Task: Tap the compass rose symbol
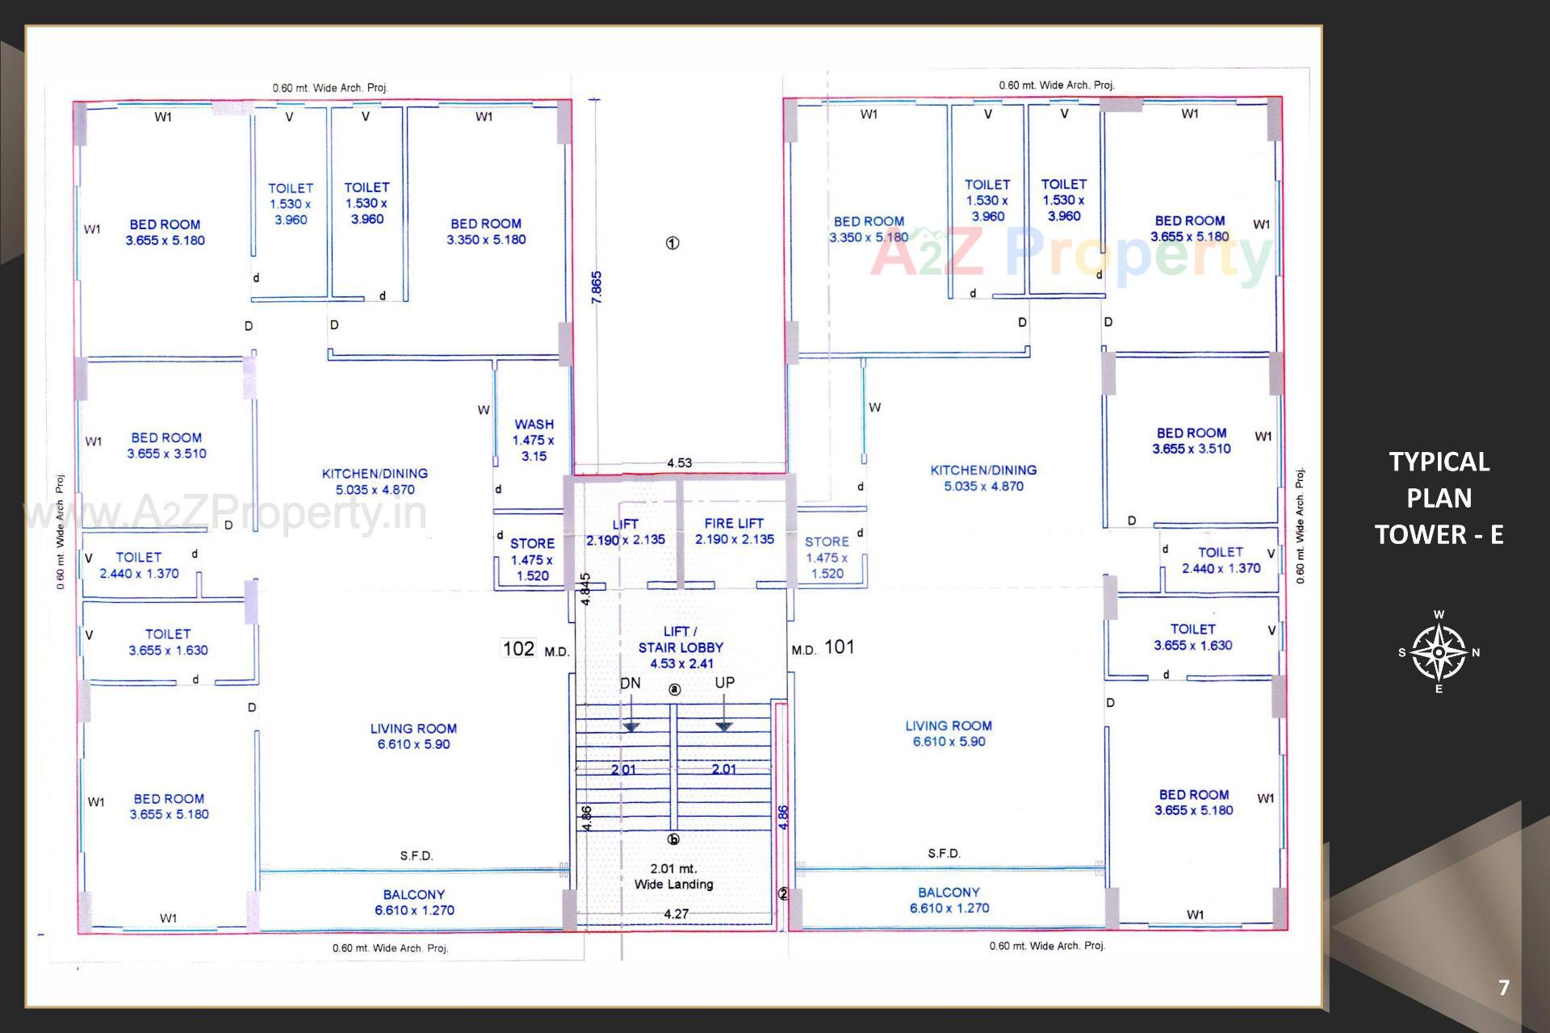coord(1439,652)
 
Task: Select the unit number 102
coord(518,649)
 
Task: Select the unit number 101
coord(840,646)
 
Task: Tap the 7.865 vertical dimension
coord(597,287)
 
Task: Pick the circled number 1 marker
coord(672,243)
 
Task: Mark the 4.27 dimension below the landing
coord(676,914)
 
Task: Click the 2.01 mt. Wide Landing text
coord(673,876)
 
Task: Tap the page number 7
coord(1503,988)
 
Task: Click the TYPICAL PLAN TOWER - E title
coord(1439,498)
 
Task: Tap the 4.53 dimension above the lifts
coord(679,462)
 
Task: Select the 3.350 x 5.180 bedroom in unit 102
coord(486,232)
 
